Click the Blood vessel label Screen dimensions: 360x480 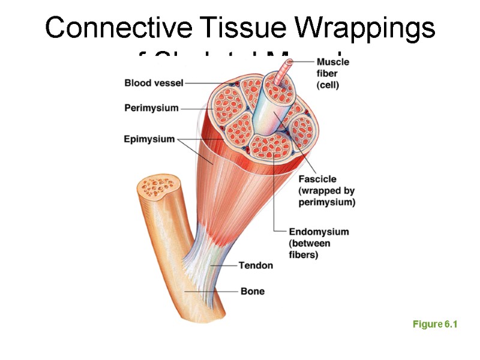pyautogui.click(x=154, y=83)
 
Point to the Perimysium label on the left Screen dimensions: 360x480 pyautogui.click(x=152, y=108)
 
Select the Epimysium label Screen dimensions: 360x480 pyautogui.click(x=149, y=139)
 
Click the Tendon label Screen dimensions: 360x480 pyautogui.click(x=256, y=265)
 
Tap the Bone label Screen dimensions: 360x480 pyautogui.click(x=252, y=292)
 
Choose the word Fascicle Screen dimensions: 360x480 pyautogui.click(x=317, y=179)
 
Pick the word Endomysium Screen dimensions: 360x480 pyautogui.click(x=319, y=232)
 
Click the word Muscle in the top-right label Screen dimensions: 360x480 pyautogui.click(x=332, y=62)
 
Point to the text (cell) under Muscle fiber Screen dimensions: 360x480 pyautogui.click(x=328, y=85)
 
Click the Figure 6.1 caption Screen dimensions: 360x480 pyautogui.click(x=435, y=325)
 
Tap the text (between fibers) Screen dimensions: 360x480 pyautogui.click(x=312, y=249)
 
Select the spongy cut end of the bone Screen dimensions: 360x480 pyautogui.click(x=158, y=188)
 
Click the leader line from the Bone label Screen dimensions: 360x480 pyautogui.click(x=210, y=292)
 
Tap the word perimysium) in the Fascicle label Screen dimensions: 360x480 pyautogui.click(x=326, y=202)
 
